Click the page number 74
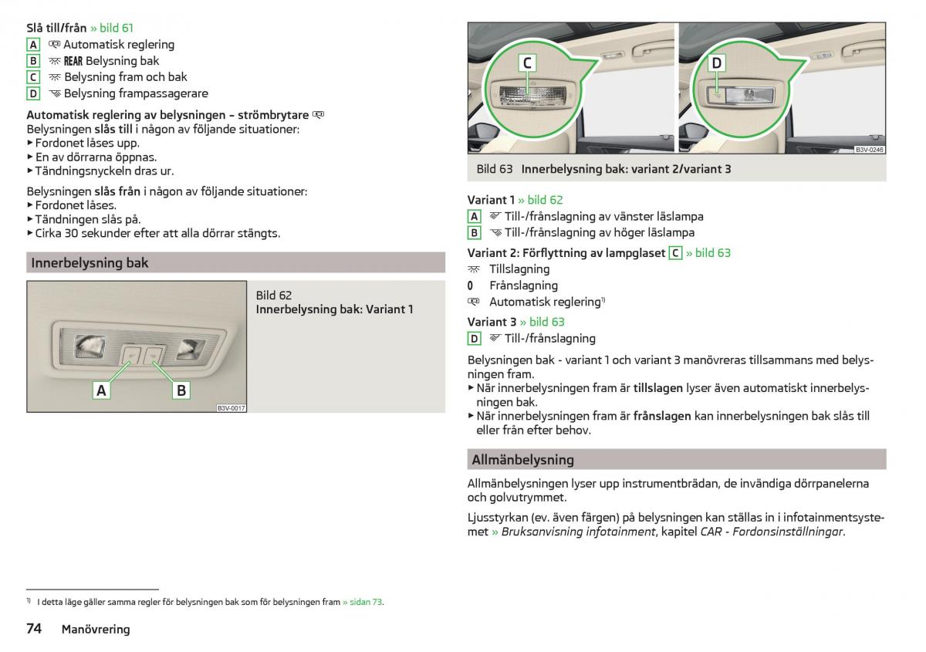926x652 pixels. pyautogui.click(x=34, y=628)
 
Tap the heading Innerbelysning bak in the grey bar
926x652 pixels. pyautogui.click(x=90, y=263)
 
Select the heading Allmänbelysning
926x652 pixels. pyautogui.click(x=522, y=460)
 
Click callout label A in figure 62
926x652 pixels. pyautogui.click(x=101, y=390)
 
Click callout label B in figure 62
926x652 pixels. pyautogui.click(x=181, y=390)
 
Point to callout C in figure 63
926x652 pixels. pyautogui.click(x=528, y=63)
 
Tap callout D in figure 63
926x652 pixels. pyautogui.click(x=716, y=63)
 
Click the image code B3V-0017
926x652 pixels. pyautogui.click(x=231, y=408)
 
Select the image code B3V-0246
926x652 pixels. pyautogui.click(x=869, y=150)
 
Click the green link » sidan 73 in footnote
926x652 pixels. pyautogui.click(x=363, y=602)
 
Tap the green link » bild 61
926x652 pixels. pyautogui.click(x=112, y=28)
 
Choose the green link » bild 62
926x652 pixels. pyautogui.click(x=540, y=200)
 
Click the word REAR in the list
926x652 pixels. pyautogui.click(x=73, y=61)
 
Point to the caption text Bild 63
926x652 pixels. pyautogui.click(x=495, y=169)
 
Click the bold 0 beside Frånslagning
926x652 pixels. pyautogui.click(x=470, y=285)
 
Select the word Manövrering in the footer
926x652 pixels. pyautogui.click(x=96, y=630)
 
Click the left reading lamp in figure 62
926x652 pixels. pyautogui.click(x=90, y=346)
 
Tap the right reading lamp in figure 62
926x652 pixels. pyautogui.click(x=191, y=348)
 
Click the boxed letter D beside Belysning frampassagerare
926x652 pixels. pyautogui.click(x=33, y=93)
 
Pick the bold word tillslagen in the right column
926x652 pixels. pyautogui.click(x=657, y=388)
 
